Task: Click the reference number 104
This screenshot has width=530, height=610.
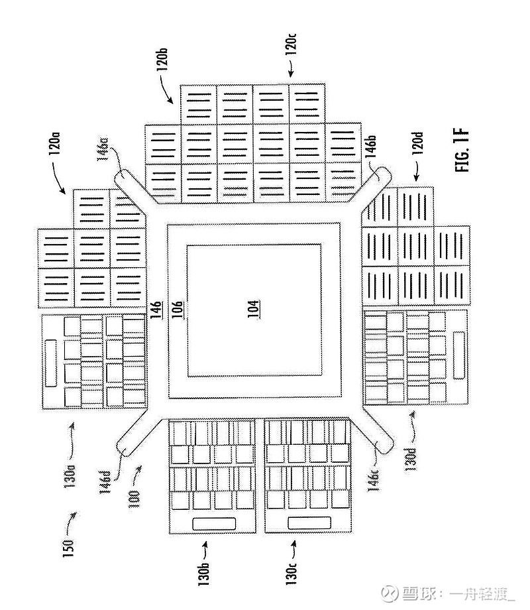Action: coord(253,309)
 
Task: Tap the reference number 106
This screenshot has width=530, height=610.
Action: coord(178,310)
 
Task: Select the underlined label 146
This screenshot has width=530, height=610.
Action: coord(156,310)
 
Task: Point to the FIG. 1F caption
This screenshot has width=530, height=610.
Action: coord(462,150)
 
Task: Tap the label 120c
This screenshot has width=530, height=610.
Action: coord(291,44)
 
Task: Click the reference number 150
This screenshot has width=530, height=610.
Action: coord(68,548)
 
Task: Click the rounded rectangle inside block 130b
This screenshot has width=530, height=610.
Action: coord(214,523)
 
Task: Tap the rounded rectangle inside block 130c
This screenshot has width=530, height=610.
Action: coord(309,523)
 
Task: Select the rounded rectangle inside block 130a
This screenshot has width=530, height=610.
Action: coord(50,363)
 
